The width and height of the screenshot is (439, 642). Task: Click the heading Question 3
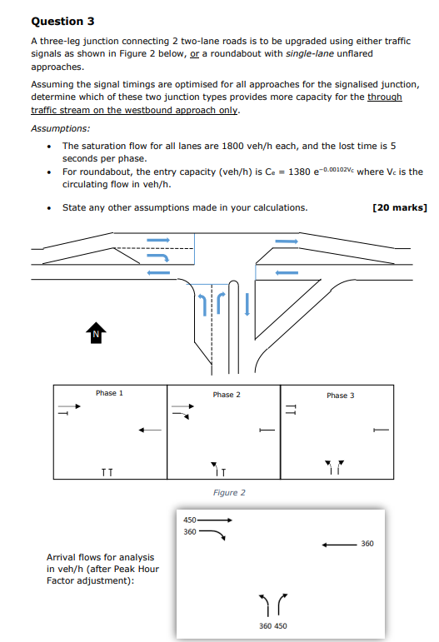click(x=57, y=21)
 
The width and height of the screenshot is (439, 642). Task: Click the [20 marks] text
click(x=400, y=207)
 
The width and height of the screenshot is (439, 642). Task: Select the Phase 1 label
click(x=109, y=393)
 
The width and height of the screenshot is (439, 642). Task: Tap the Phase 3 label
click(x=340, y=396)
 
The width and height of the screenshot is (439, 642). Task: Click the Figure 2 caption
click(x=229, y=493)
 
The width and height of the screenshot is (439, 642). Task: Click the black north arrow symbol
click(x=96, y=333)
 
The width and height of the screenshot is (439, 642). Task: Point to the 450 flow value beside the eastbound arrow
click(x=189, y=520)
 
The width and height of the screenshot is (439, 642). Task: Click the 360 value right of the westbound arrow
click(x=367, y=544)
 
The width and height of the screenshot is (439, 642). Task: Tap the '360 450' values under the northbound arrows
click(x=274, y=625)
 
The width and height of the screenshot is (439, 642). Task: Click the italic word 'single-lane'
click(x=312, y=53)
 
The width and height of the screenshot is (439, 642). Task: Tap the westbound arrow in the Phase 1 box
click(x=149, y=430)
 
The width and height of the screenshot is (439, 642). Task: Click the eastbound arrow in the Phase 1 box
click(x=70, y=406)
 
